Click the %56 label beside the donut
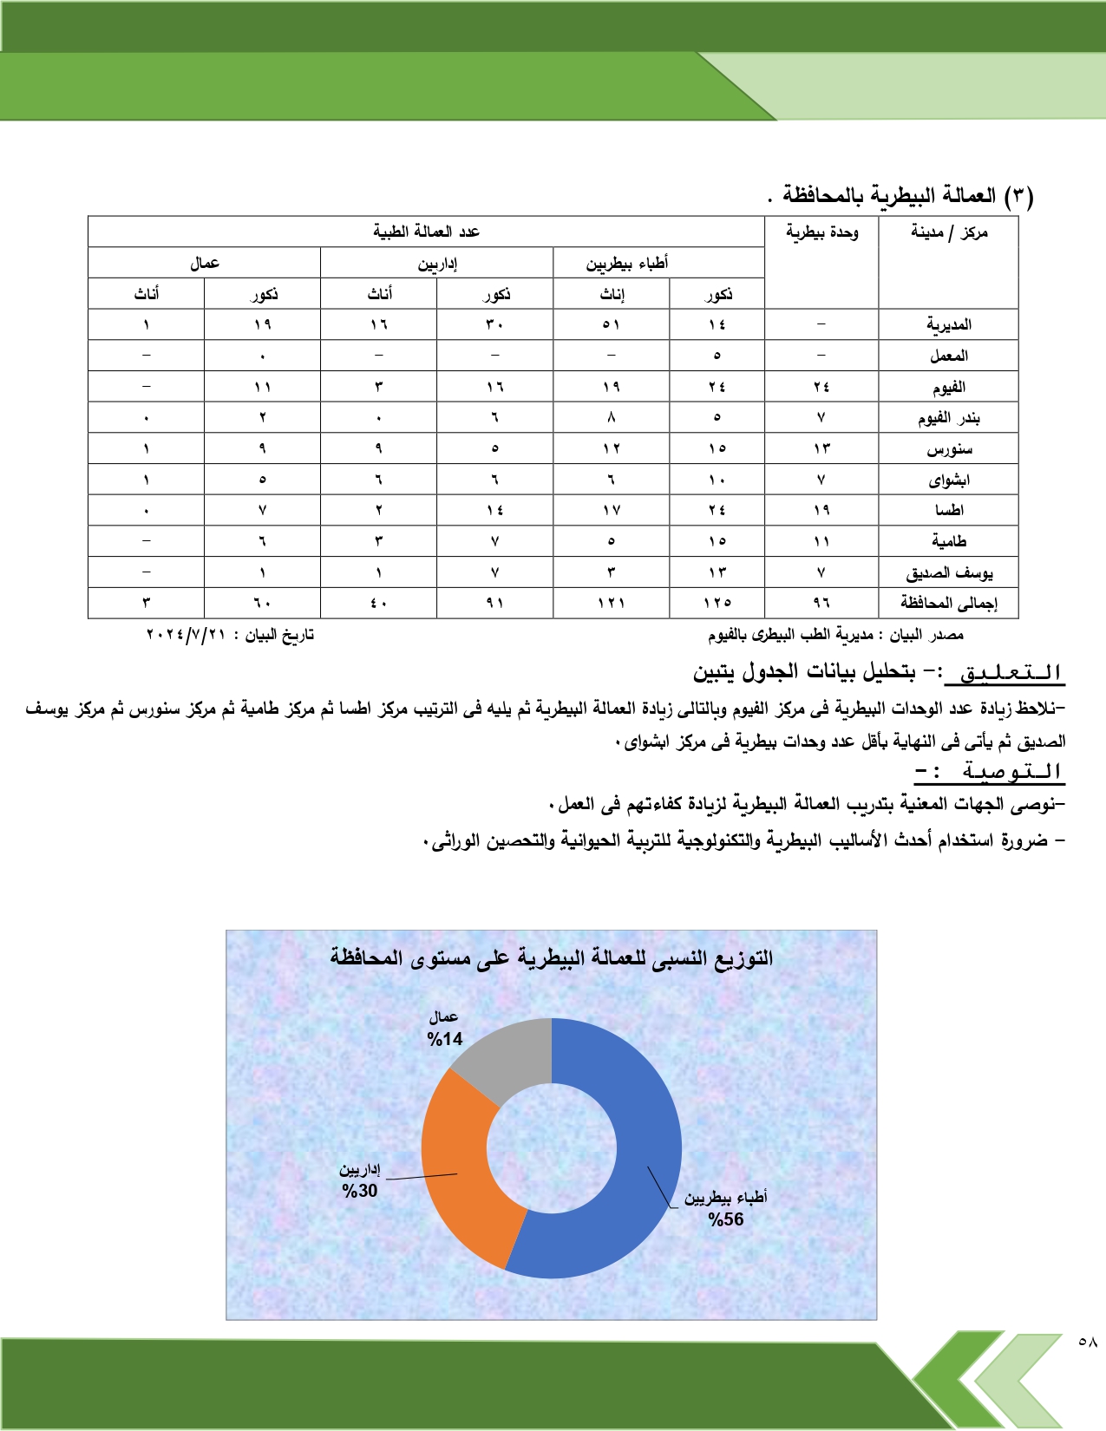pyautogui.click(x=726, y=1219)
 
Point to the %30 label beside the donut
pyautogui.click(x=360, y=1191)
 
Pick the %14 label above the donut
pyautogui.click(x=445, y=1039)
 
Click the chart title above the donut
pyautogui.click(x=551, y=957)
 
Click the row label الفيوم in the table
pyautogui.click(x=949, y=387)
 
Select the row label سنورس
pyautogui.click(x=949, y=449)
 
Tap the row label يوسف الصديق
pyautogui.click(x=949, y=573)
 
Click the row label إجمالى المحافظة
pyautogui.click(x=949, y=603)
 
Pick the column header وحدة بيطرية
pyautogui.click(x=821, y=232)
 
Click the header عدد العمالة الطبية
pyautogui.click(x=426, y=232)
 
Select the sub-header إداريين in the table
pyautogui.click(x=437, y=264)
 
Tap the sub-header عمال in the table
pyautogui.click(x=205, y=264)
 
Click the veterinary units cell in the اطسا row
pyautogui.click(x=821, y=510)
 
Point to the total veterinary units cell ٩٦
pyautogui.click(x=821, y=603)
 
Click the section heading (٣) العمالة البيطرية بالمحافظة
pyautogui.click(x=907, y=195)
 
